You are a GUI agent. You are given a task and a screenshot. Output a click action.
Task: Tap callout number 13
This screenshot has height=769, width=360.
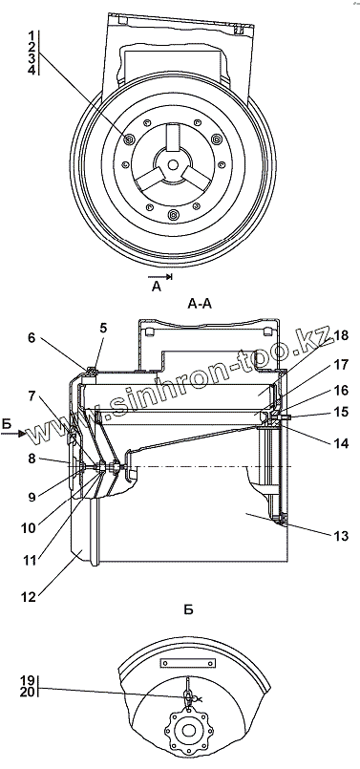click(341, 536)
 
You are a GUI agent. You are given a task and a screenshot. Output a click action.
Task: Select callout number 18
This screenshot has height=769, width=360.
click(341, 336)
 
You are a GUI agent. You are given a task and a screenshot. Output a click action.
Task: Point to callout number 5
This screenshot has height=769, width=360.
click(103, 328)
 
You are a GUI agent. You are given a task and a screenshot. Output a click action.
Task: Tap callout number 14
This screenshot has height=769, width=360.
click(341, 443)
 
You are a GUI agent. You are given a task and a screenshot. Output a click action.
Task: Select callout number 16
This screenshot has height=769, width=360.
click(341, 391)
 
